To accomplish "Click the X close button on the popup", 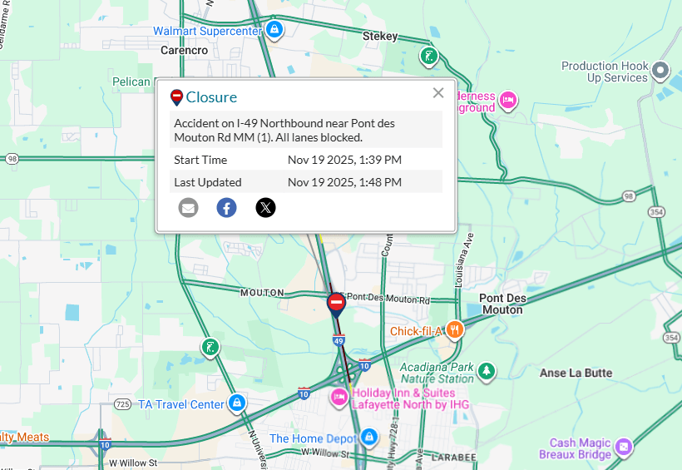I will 438,93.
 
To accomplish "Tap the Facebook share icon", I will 226,208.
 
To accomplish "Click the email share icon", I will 189,208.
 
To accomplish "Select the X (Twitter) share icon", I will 265,208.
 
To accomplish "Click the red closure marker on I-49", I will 336,304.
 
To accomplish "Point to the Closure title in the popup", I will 211,97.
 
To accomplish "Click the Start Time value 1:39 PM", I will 344,160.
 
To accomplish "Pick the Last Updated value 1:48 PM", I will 344,182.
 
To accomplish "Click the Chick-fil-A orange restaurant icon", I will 454,330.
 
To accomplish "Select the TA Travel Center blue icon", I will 237,403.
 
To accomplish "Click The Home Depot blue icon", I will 369,437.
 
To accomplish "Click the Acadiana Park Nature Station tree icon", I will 487,371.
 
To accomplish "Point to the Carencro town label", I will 184,51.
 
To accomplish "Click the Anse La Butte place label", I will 576,374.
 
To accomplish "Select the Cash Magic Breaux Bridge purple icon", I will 625,448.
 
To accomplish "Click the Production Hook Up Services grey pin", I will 660,70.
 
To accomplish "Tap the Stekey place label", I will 380,37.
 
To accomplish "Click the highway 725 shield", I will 122,404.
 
